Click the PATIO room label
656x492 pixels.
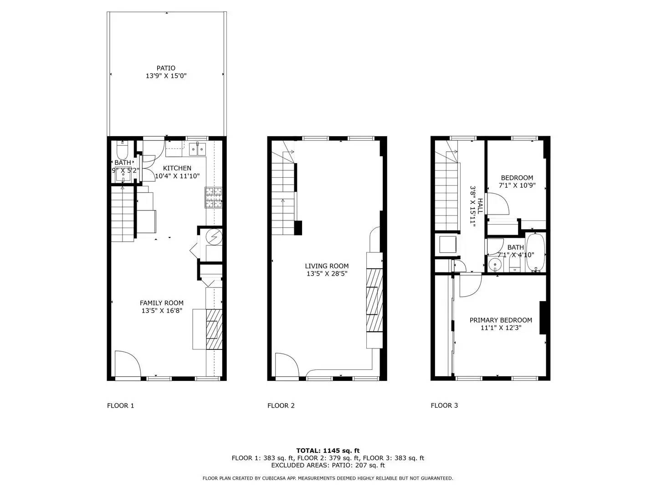pyautogui.click(x=166, y=68)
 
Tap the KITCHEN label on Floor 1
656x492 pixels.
pyautogui.click(x=177, y=168)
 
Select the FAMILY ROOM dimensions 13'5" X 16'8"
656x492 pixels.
pyautogui.click(x=162, y=311)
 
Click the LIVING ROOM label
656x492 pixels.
pyautogui.click(x=327, y=266)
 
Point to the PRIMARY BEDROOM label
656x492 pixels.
pyautogui.click(x=501, y=320)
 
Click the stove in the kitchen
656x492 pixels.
pyautogui.click(x=214, y=198)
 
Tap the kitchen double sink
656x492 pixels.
pyautogui.click(x=198, y=149)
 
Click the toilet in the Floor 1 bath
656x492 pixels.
pyautogui.click(x=122, y=149)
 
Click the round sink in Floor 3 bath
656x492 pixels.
pyautogui.click(x=494, y=264)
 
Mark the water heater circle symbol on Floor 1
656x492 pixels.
pyautogui.click(x=213, y=236)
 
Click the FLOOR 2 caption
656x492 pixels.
pyautogui.click(x=281, y=405)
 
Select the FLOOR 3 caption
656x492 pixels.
pyautogui.click(x=444, y=405)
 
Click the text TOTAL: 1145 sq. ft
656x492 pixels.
pyautogui.click(x=328, y=451)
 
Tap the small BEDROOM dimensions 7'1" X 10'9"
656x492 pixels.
pyautogui.click(x=517, y=186)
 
